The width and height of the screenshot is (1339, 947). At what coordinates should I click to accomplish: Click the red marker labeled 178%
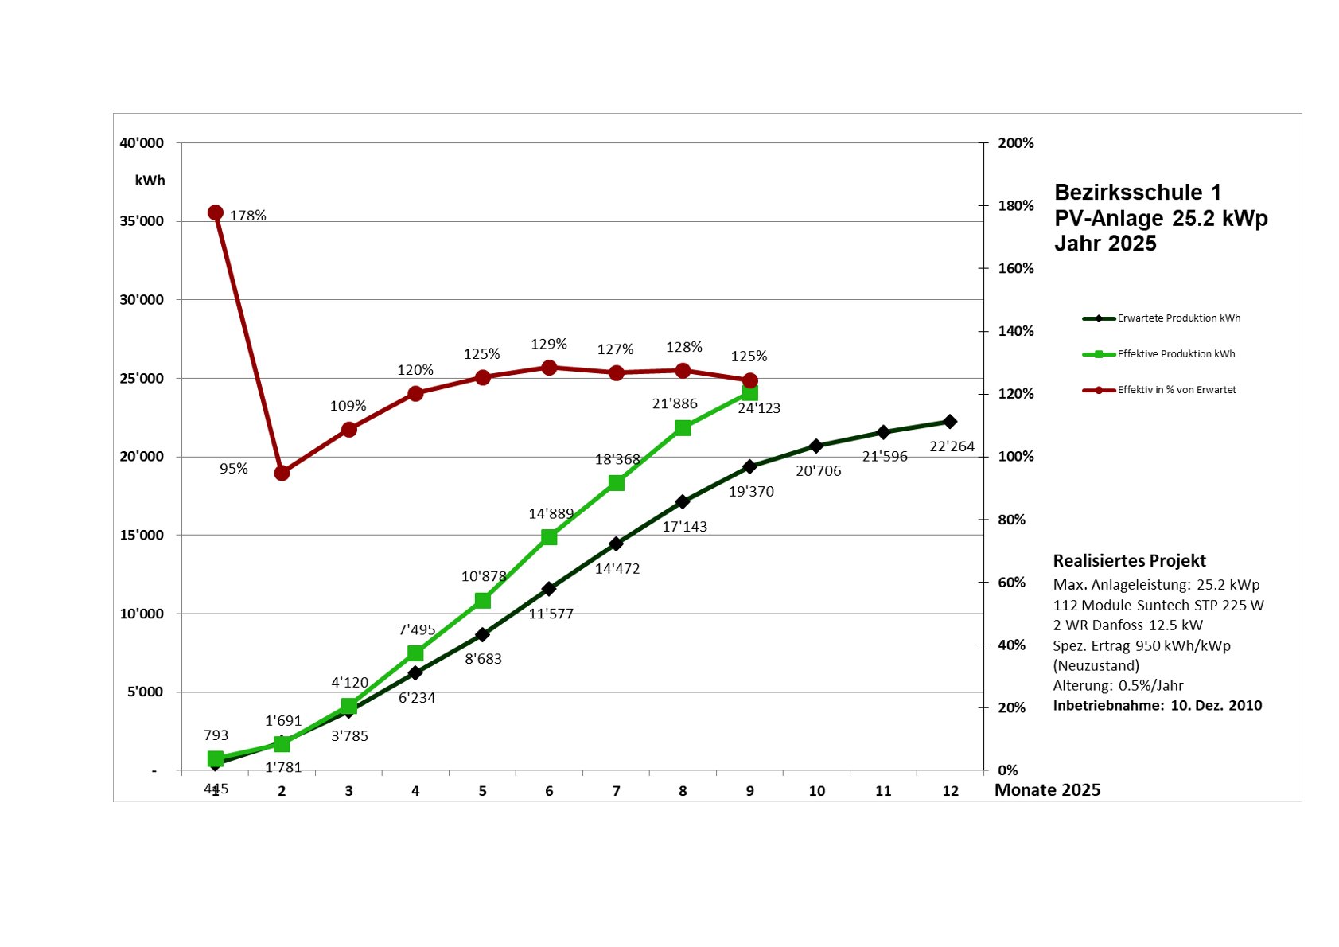(x=215, y=212)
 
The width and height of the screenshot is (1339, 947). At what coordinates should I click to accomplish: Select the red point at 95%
(x=282, y=473)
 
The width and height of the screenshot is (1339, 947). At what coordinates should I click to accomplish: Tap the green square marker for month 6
(x=549, y=537)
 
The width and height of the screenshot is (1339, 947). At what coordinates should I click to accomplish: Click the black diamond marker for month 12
(x=949, y=422)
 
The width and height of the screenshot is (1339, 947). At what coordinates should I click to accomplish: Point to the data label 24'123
(x=759, y=408)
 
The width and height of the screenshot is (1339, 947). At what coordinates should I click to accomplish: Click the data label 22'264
(x=952, y=446)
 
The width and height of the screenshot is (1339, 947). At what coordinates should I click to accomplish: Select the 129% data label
(x=549, y=344)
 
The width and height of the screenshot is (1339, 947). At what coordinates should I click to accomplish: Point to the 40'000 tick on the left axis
(x=142, y=143)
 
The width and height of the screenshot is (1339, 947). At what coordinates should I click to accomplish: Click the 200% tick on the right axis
(x=1016, y=143)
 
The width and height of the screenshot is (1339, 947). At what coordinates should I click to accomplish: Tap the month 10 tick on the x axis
(x=816, y=791)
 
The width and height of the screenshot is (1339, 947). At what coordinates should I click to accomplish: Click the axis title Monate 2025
(x=1047, y=790)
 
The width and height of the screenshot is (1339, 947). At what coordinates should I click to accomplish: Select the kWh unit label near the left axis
(x=150, y=181)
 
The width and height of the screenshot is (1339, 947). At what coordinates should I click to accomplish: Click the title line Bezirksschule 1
(x=1137, y=193)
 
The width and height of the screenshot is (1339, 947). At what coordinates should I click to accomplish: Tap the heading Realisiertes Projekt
(x=1129, y=561)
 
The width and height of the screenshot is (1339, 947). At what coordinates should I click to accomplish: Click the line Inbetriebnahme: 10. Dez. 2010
(x=1157, y=706)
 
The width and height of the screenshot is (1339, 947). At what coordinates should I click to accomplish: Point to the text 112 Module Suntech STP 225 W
(x=1158, y=606)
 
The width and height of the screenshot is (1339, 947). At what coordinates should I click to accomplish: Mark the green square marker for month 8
(x=683, y=428)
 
